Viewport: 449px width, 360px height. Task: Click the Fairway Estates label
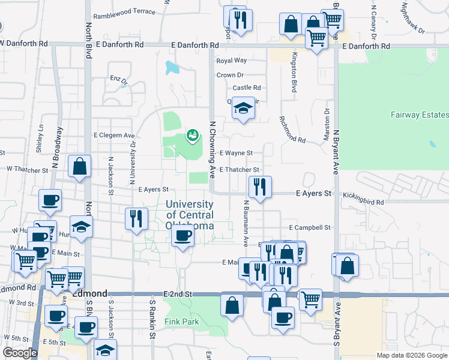click(x=419, y=115)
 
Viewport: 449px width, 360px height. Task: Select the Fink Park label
click(x=181, y=322)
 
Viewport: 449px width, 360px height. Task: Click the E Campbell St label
click(x=310, y=228)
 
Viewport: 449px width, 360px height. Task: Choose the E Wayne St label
click(x=236, y=154)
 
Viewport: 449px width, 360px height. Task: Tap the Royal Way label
click(x=232, y=61)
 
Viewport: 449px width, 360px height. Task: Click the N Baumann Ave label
click(x=246, y=223)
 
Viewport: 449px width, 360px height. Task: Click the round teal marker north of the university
click(x=192, y=136)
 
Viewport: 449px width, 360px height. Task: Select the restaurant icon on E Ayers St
click(x=260, y=187)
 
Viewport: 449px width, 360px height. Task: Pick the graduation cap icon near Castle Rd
click(x=243, y=108)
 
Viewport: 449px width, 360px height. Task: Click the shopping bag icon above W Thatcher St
click(x=79, y=166)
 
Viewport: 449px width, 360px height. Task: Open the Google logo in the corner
click(x=20, y=353)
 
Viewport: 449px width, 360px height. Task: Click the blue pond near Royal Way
click(x=172, y=67)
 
